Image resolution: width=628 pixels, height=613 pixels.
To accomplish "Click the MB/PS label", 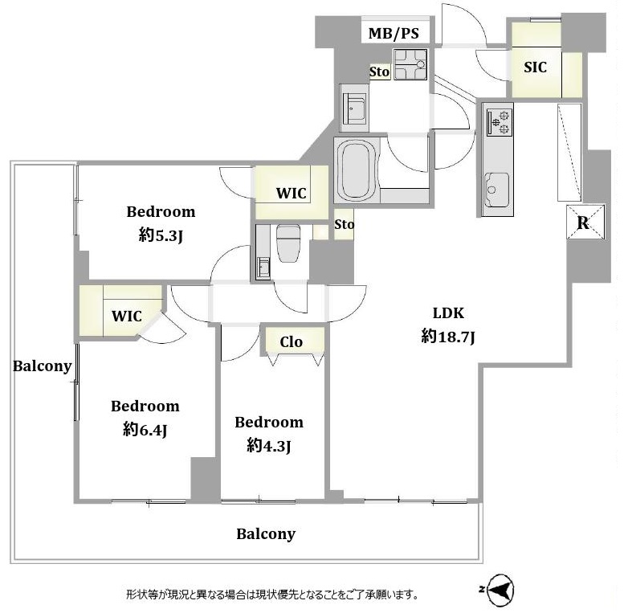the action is (394, 33).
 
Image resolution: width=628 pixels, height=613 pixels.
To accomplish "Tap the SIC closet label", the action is (535, 67).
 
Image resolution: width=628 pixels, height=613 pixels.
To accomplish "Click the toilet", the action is (288, 243).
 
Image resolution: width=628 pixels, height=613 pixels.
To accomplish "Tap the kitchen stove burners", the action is (500, 122).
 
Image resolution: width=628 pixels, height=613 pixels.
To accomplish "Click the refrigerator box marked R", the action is (585, 222).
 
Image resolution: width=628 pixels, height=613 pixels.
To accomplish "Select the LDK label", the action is (448, 313).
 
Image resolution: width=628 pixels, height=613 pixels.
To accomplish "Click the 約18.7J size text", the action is (448, 337).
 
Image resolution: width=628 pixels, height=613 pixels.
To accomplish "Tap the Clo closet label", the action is (292, 341).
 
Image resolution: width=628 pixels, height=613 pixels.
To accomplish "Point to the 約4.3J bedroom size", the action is (269, 446).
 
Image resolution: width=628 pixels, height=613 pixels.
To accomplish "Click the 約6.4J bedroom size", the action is (145, 430).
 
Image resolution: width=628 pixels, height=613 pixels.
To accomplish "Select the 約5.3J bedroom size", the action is (161, 235).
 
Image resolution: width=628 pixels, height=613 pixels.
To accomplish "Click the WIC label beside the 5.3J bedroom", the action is (292, 193).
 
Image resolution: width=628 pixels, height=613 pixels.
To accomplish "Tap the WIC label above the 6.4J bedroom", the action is (127, 316).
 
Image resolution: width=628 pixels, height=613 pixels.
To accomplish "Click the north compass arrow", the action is (500, 589).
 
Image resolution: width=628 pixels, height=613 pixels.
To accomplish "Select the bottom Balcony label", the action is (266, 534).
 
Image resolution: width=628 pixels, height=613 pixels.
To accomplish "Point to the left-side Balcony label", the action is (42, 366).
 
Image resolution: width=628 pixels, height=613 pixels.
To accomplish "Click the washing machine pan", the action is (410, 64).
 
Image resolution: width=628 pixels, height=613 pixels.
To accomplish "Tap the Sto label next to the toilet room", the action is (344, 224).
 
